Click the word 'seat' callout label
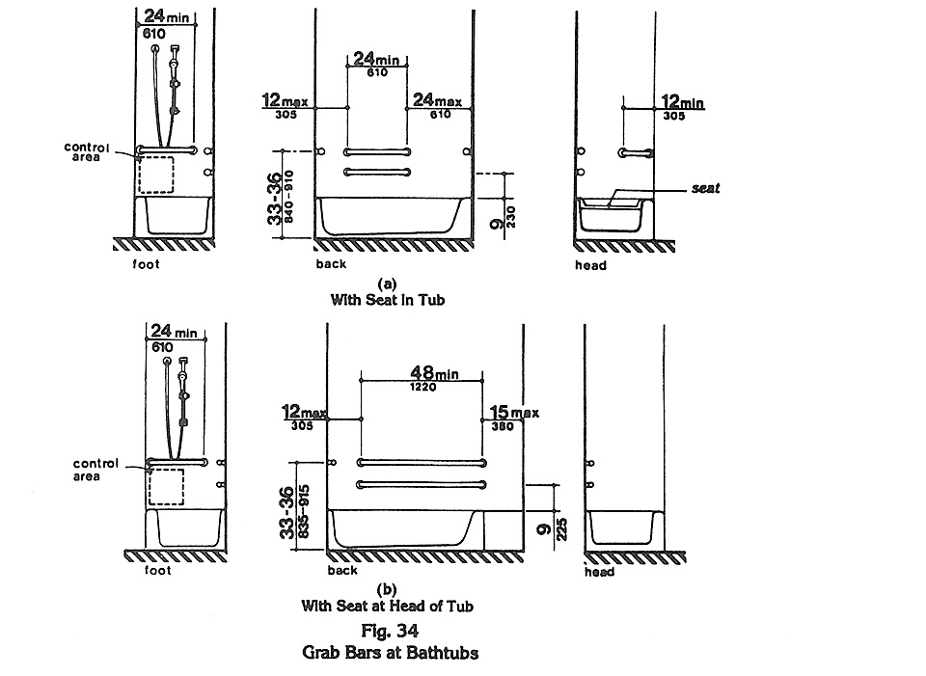705,190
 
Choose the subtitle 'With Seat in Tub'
387,299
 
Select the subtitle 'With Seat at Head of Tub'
387,607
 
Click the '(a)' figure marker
387,284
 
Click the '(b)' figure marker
387,590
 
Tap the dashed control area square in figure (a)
156,175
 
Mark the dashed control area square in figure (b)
167,487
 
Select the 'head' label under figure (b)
599,572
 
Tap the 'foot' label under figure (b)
157,570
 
